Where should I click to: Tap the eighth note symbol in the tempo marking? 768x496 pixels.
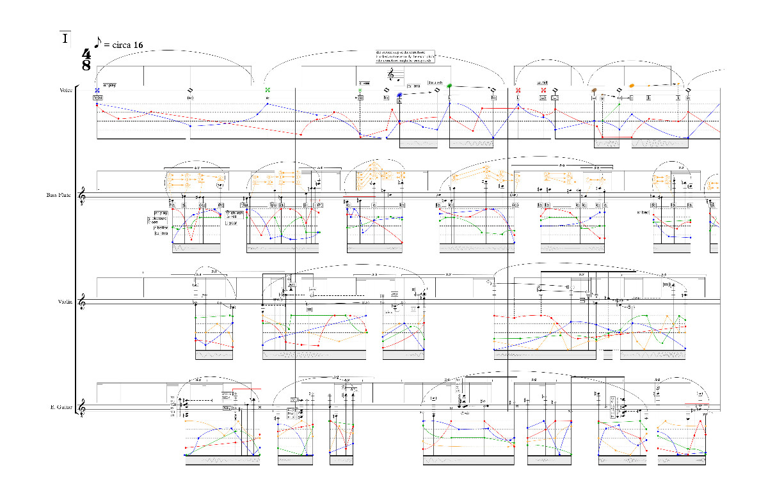coord(98,43)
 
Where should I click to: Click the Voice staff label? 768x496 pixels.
coord(66,90)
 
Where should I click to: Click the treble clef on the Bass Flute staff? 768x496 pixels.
coord(83,195)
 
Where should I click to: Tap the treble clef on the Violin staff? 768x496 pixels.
coord(83,302)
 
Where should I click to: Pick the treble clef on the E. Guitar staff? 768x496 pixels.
coord(83,407)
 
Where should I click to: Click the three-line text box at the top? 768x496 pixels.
coord(405,56)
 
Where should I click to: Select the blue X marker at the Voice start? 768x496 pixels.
coord(97,90)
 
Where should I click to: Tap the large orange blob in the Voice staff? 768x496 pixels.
coord(632,85)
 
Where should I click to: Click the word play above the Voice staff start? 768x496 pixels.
coord(111,84)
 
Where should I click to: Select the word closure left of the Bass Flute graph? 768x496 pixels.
coord(157,218)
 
